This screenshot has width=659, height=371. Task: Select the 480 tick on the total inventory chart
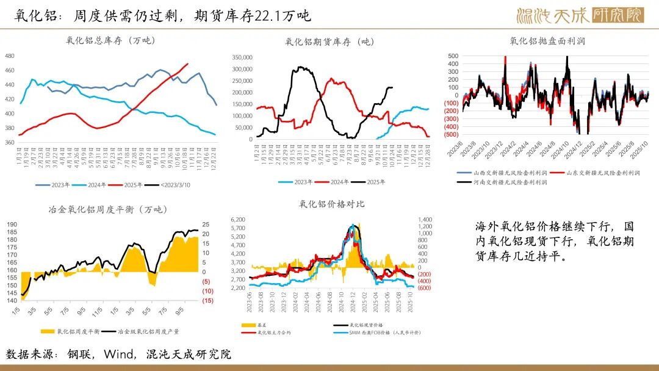coord(9,56)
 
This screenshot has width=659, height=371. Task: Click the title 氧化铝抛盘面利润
coord(547,41)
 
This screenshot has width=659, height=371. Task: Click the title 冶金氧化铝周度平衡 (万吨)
coord(109,209)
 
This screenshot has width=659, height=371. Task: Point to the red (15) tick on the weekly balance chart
coord(207,300)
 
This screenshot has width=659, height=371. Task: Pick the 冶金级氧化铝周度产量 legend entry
coord(144,331)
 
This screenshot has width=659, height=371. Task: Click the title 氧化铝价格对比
coord(332,204)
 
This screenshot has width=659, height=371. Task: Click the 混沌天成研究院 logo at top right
coord(579,15)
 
